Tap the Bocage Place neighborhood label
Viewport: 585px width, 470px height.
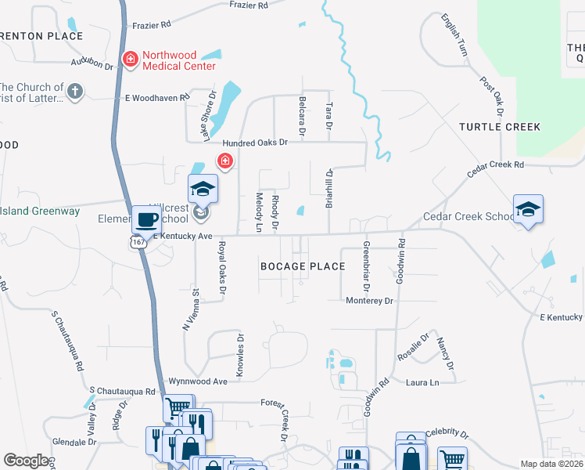(x=303, y=266)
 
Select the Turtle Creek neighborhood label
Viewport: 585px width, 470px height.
(x=500, y=127)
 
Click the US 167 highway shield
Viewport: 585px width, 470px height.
(x=138, y=243)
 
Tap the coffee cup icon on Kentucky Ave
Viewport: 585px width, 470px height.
(x=145, y=219)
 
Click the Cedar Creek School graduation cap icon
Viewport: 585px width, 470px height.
(x=528, y=209)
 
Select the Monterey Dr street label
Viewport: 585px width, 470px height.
(x=368, y=301)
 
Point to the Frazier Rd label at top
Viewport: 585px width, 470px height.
(x=249, y=5)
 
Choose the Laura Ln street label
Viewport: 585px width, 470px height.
(x=422, y=382)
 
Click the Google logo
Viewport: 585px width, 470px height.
(x=27, y=461)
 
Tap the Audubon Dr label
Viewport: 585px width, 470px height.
(x=92, y=63)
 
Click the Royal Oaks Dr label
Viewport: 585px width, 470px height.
(x=222, y=269)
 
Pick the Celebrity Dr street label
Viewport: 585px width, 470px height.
(x=447, y=434)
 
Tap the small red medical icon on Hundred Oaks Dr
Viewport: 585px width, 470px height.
(x=225, y=161)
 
